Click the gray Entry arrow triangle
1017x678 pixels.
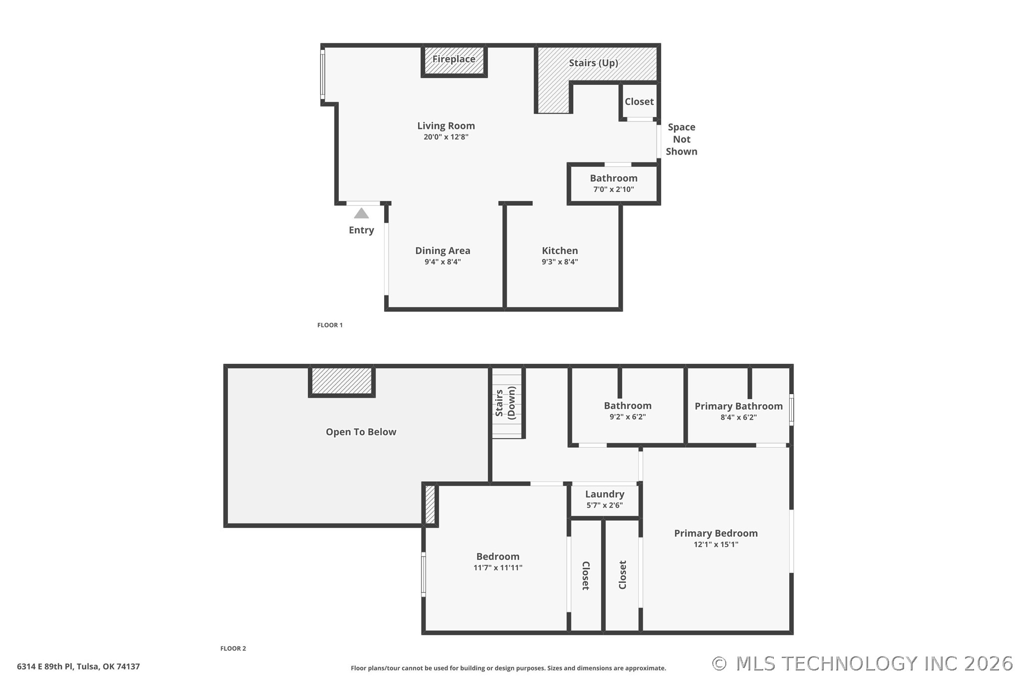pyautogui.click(x=361, y=213)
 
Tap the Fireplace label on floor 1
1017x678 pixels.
pyautogui.click(x=454, y=59)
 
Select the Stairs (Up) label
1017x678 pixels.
pyautogui.click(x=593, y=63)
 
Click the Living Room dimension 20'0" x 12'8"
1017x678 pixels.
pyautogui.click(x=446, y=137)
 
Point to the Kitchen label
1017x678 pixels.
pyautogui.click(x=559, y=250)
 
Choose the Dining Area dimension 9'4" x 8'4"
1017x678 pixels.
pyautogui.click(x=443, y=262)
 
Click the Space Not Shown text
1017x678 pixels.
pyautogui.click(x=681, y=139)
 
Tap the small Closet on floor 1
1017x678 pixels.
pyautogui.click(x=639, y=101)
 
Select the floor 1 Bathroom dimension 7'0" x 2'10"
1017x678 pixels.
pyautogui.click(x=613, y=189)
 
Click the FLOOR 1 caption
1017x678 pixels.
pyautogui.click(x=330, y=325)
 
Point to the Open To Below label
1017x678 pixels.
pyautogui.click(x=361, y=432)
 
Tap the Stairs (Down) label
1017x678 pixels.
pyautogui.click(x=505, y=403)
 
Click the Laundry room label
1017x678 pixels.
pyautogui.click(x=604, y=494)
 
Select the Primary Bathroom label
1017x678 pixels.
pyautogui.click(x=738, y=406)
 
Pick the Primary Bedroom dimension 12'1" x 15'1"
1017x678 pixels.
pyautogui.click(x=716, y=545)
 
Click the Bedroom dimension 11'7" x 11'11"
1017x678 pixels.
pyautogui.click(x=498, y=568)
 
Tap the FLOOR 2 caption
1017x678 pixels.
pyautogui.click(x=233, y=649)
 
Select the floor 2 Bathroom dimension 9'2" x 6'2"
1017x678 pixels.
pyautogui.click(x=627, y=417)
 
